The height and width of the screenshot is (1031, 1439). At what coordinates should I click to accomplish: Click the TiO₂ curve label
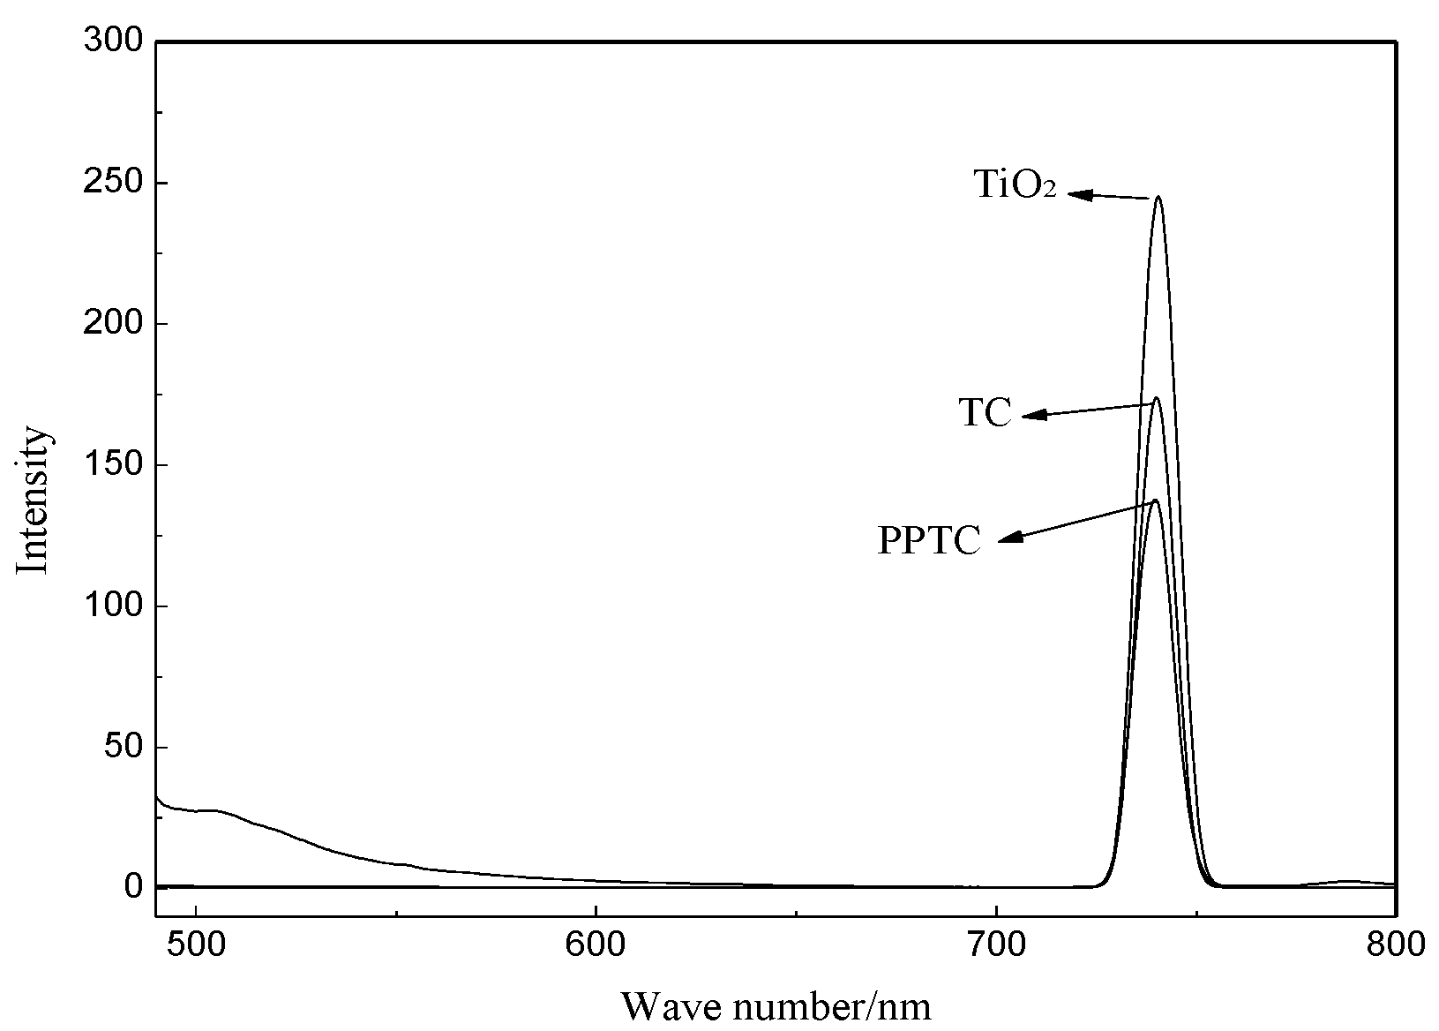pyautogui.click(x=1015, y=184)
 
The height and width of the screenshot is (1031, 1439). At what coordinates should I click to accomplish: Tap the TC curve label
pyautogui.click(x=985, y=412)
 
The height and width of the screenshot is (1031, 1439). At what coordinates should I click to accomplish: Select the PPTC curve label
pyautogui.click(x=928, y=540)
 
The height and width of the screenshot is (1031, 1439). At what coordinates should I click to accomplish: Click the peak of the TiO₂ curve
pyautogui.click(x=1158, y=198)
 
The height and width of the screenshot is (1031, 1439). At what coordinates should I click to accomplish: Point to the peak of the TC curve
pyautogui.click(x=1156, y=398)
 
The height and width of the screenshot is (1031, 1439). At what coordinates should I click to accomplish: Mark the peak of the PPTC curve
pyautogui.click(x=1155, y=500)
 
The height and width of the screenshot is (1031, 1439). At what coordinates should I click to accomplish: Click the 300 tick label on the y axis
pyautogui.click(x=111, y=41)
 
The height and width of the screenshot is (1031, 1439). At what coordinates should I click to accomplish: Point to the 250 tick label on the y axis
pyautogui.click(x=111, y=183)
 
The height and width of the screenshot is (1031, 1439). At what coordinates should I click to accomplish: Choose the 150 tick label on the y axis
pyautogui.click(x=111, y=465)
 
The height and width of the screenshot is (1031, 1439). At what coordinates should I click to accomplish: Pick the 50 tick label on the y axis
pyautogui.click(x=122, y=747)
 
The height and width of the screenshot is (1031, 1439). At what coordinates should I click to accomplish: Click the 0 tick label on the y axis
pyautogui.click(x=131, y=886)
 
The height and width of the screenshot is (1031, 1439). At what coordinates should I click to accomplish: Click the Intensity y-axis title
pyautogui.click(x=34, y=500)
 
